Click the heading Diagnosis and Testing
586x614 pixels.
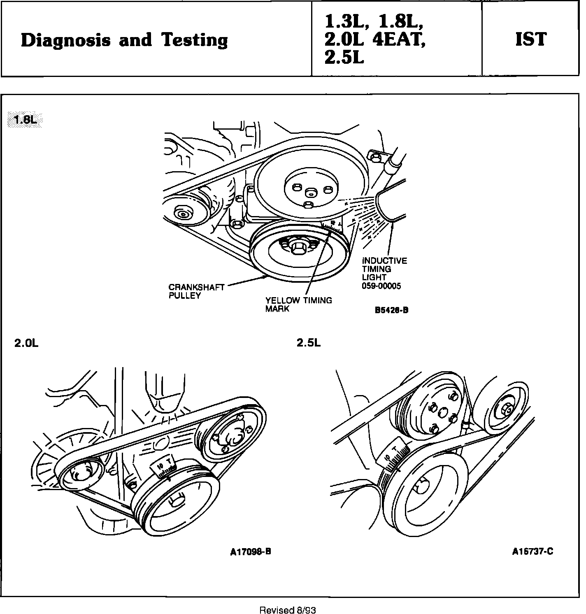[x=124, y=40]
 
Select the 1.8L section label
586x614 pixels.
[x=25, y=120]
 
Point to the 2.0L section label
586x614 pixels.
[x=26, y=343]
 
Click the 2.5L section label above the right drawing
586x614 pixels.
[x=309, y=343]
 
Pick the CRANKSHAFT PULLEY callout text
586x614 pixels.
[x=196, y=291]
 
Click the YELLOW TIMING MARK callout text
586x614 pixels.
[x=298, y=305]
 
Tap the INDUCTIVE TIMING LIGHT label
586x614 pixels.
[x=384, y=269]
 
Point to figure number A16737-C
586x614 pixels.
[x=533, y=551]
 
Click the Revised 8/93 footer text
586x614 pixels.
[x=288, y=610]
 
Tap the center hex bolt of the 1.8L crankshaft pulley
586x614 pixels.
[x=297, y=247]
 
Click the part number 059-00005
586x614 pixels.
[x=381, y=286]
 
